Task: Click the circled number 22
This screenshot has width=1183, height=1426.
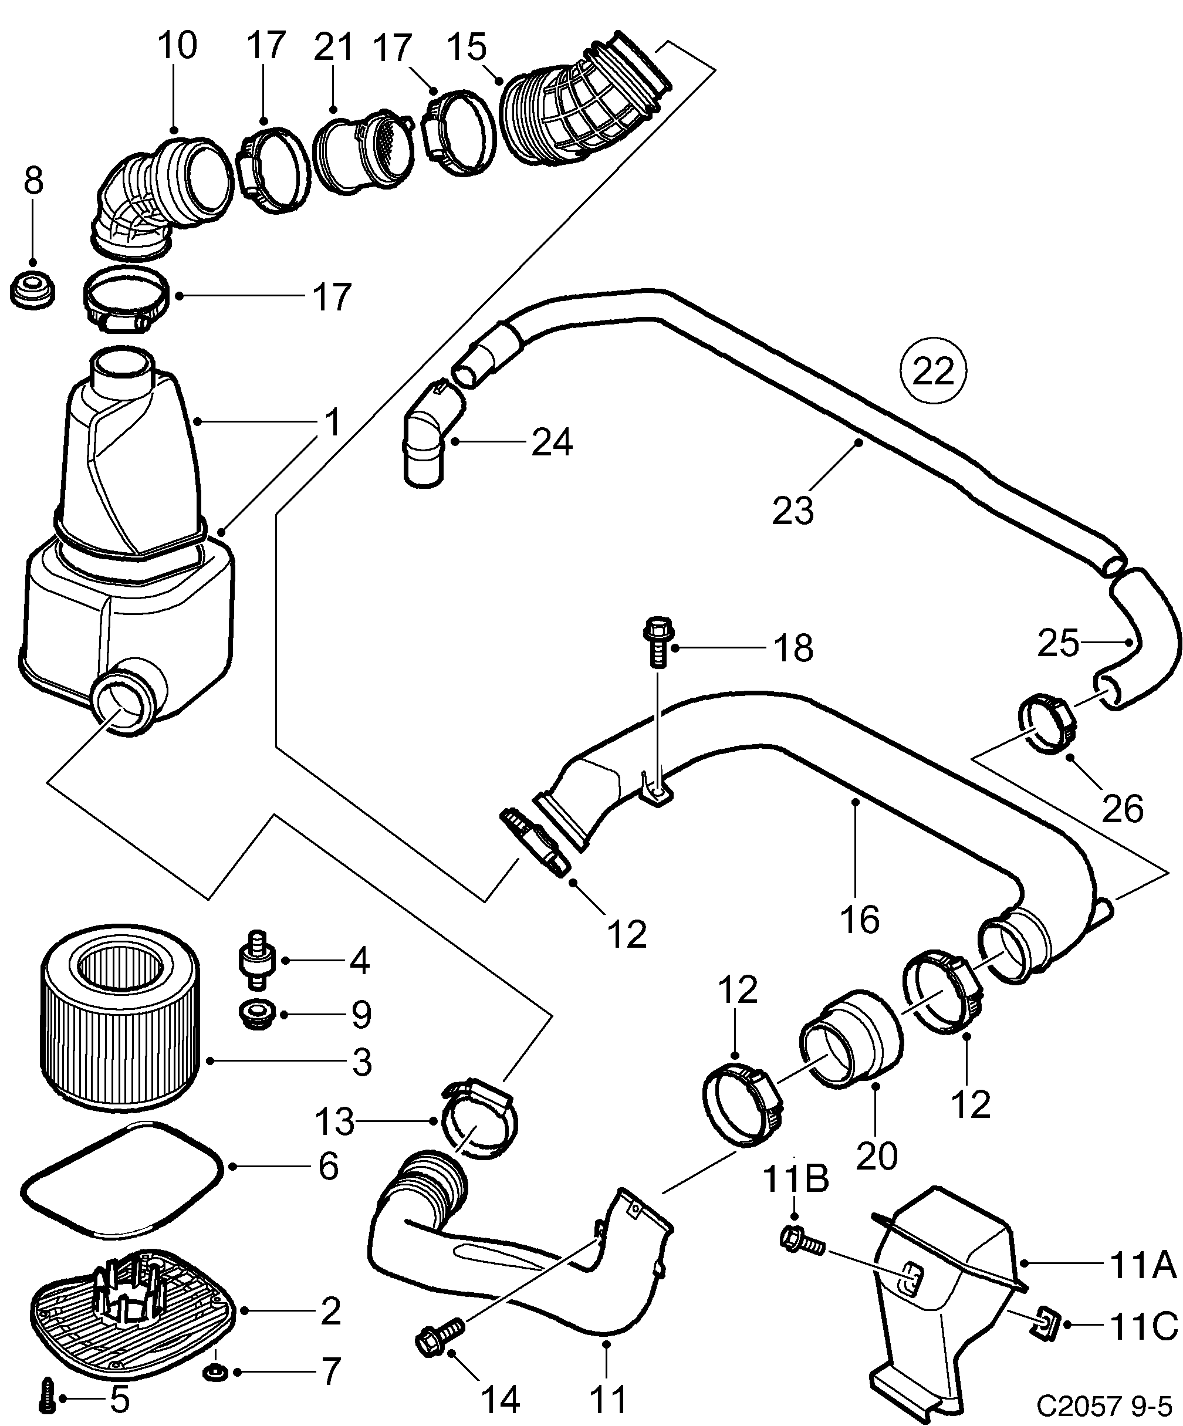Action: (x=933, y=371)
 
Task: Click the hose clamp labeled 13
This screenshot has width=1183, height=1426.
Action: (x=479, y=1127)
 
